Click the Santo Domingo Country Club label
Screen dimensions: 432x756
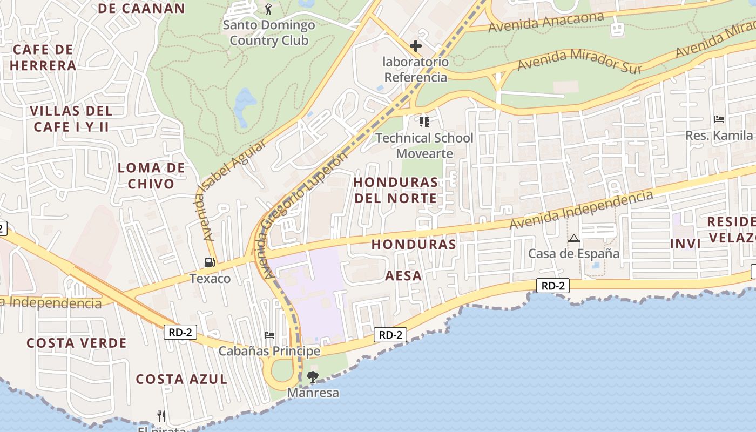(269, 33)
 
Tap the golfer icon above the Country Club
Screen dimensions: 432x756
(268, 9)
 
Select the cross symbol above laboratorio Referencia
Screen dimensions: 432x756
(416, 46)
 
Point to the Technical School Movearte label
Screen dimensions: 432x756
(424, 146)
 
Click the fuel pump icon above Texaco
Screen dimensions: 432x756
(210, 262)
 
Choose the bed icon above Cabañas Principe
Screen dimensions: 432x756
(269, 335)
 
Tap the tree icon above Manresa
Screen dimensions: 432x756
(313, 377)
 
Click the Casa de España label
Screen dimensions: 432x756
(573, 253)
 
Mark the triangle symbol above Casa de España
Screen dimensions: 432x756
(574, 238)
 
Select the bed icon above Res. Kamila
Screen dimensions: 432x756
(719, 119)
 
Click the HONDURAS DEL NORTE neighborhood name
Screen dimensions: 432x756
(396, 190)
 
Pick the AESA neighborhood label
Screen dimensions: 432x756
(403, 275)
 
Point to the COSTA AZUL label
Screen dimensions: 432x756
(181, 379)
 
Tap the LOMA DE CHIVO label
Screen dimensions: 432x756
(151, 175)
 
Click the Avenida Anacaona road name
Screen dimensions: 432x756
(546, 22)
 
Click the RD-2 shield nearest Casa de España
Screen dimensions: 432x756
(553, 286)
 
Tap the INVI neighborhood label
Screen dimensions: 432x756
(685, 244)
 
